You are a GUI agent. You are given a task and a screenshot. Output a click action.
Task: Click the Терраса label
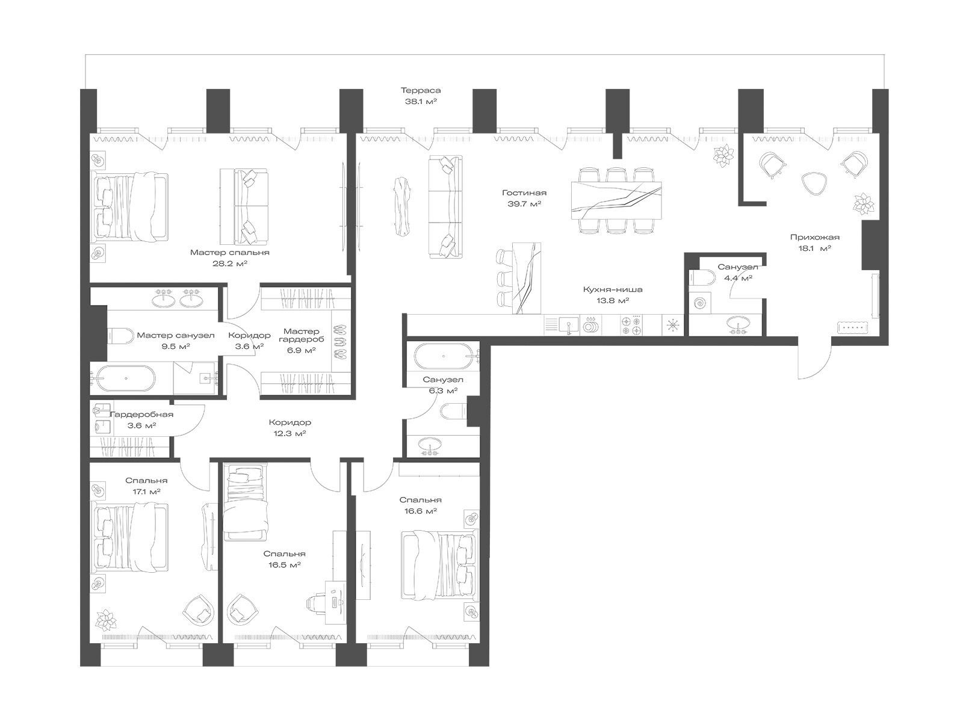pyautogui.click(x=420, y=90)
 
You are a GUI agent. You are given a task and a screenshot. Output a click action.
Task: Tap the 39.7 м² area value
pyautogui.click(x=524, y=204)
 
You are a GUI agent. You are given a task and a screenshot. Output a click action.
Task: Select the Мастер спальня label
pyautogui.click(x=229, y=253)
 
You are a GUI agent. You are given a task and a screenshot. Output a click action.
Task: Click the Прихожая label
pyautogui.click(x=815, y=238)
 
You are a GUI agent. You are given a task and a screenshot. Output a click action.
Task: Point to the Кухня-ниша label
pyautogui.click(x=613, y=289)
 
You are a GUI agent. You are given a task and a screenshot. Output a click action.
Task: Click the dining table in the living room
pyautogui.click(x=616, y=200)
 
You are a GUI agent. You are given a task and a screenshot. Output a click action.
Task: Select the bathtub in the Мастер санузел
pyautogui.click(x=125, y=378)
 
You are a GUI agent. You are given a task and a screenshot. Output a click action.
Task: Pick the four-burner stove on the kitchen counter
pyautogui.click(x=631, y=326)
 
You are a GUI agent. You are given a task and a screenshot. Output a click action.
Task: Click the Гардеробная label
pyautogui.click(x=141, y=415)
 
